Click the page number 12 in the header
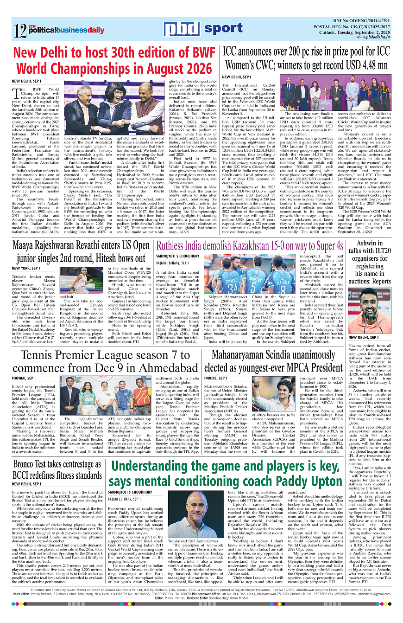[20, 31]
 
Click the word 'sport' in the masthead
[223, 28]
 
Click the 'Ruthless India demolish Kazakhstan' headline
[250, 246]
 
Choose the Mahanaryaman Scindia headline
[277, 362]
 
